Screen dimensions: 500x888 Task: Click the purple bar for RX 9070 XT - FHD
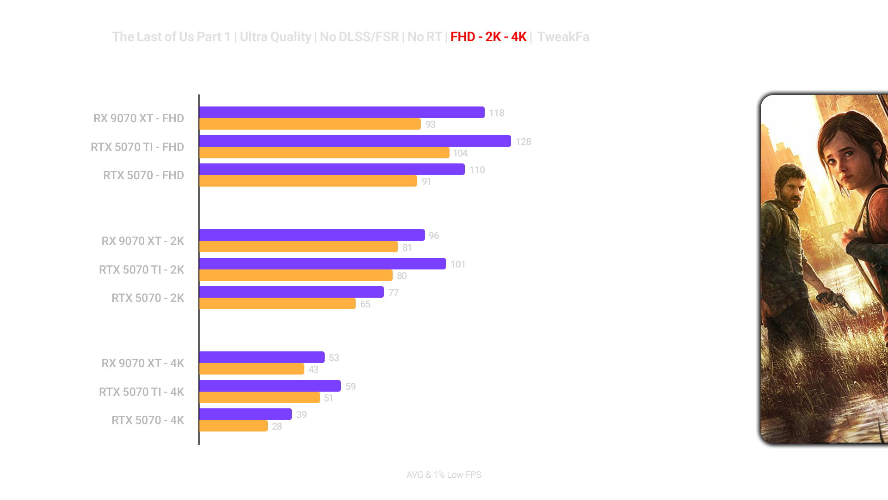342,112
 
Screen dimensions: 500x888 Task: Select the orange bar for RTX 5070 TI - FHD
324,153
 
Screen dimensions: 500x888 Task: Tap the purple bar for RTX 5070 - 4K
246,414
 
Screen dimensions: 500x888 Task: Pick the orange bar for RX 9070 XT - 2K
298,247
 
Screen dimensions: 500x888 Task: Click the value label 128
523,142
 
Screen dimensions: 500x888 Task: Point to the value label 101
457,264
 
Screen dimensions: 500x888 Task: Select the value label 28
277,426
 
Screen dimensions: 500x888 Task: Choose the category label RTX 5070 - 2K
148,298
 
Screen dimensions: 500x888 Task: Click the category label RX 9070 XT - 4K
142,363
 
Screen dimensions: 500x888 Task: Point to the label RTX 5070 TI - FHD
137,147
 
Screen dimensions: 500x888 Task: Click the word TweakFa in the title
563,37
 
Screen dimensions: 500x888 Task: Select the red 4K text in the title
518,37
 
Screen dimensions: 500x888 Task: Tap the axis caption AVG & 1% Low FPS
444,475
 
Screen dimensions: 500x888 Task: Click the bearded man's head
791,185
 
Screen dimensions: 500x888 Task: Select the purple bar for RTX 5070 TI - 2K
322,264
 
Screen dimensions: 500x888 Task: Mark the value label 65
365,305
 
